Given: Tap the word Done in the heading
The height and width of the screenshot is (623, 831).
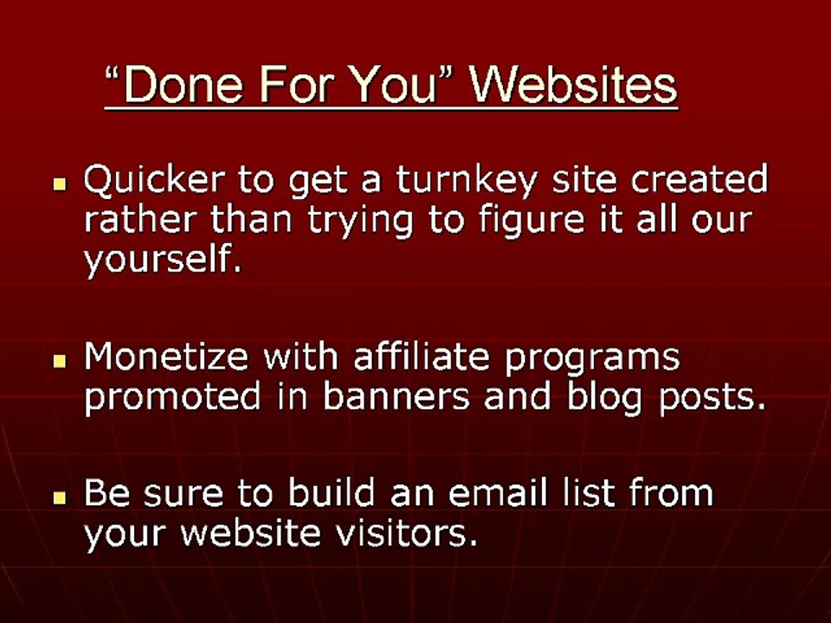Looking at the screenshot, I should click(x=171, y=86).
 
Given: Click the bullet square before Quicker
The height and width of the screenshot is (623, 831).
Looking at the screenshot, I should click(x=60, y=184).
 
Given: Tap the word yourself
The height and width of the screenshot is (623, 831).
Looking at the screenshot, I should click(x=161, y=260).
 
